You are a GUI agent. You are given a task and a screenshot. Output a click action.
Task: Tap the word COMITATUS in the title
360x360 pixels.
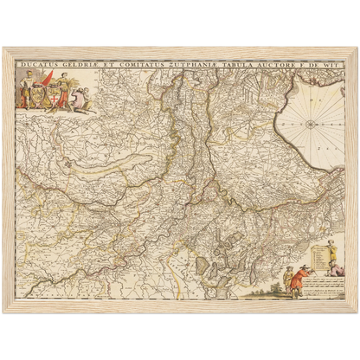tap(143, 63)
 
